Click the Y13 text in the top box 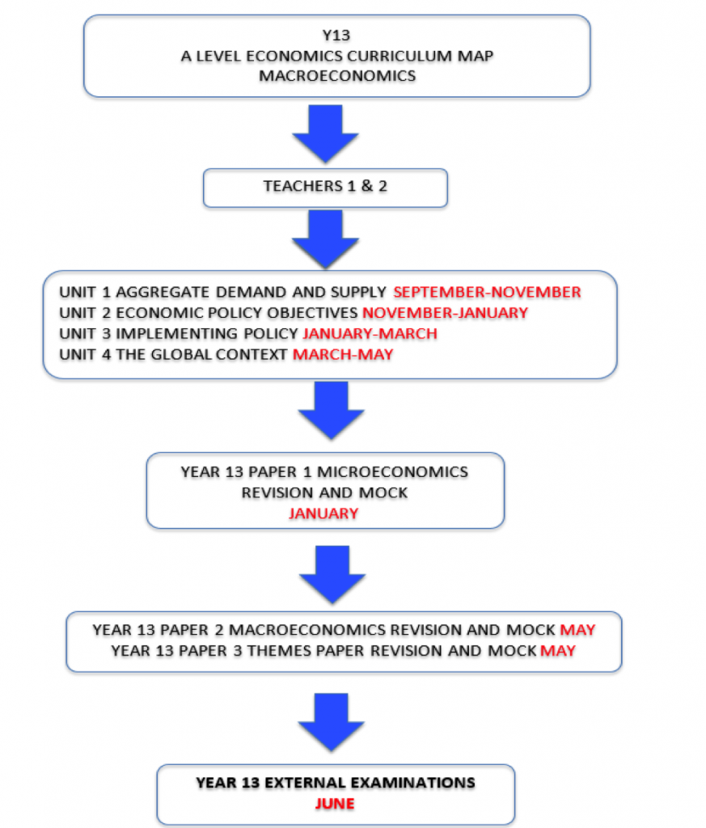336,36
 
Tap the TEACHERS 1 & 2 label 325,186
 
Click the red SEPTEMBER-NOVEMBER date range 487,292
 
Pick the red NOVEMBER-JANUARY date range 445,313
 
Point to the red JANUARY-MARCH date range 370,334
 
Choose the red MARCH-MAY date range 343,354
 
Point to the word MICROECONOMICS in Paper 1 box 392,472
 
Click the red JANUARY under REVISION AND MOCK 323,513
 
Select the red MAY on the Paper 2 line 577,630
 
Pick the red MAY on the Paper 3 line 558,651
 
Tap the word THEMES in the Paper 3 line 277,651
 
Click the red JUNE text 335,804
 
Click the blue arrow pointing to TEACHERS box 325,134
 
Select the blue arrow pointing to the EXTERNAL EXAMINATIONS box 331,722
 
